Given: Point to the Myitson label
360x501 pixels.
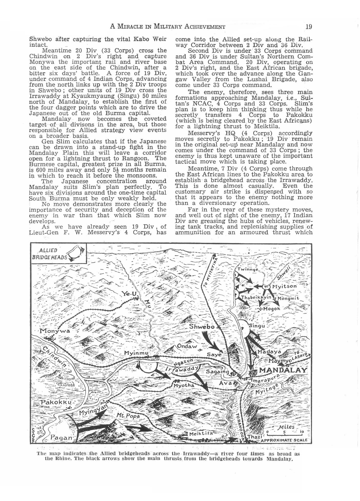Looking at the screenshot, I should [284, 286].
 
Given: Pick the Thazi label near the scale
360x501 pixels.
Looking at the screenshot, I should [255, 437].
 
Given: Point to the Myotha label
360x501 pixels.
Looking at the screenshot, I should [184, 385].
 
